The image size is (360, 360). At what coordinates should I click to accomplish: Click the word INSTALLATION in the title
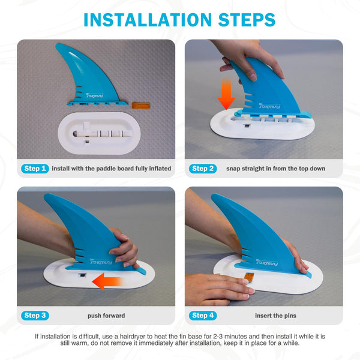148,20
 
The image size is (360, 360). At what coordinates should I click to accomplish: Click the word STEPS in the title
247,20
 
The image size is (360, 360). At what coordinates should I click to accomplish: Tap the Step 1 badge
35,169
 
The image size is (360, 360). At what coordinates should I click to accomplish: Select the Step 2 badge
203,169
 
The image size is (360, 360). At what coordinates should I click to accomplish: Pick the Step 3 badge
35,316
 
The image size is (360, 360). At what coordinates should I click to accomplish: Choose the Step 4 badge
203,316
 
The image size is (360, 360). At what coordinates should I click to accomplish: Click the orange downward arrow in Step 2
226,94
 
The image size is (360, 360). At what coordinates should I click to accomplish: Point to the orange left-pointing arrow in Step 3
107,281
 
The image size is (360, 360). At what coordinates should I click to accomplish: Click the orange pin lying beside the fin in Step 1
141,106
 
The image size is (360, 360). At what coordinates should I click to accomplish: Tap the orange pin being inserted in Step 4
248,277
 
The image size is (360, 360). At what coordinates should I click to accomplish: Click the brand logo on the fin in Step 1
95,95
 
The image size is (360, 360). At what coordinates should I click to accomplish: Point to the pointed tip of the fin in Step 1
57,44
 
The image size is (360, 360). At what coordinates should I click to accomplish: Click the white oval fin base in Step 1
99,133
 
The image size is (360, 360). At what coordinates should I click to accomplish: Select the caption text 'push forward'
106,316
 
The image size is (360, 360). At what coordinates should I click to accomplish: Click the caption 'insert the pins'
275,316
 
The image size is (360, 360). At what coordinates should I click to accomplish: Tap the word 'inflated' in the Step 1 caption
160,169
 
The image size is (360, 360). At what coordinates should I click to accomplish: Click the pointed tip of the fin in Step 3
45,194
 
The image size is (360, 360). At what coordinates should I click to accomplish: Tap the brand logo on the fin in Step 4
267,262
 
